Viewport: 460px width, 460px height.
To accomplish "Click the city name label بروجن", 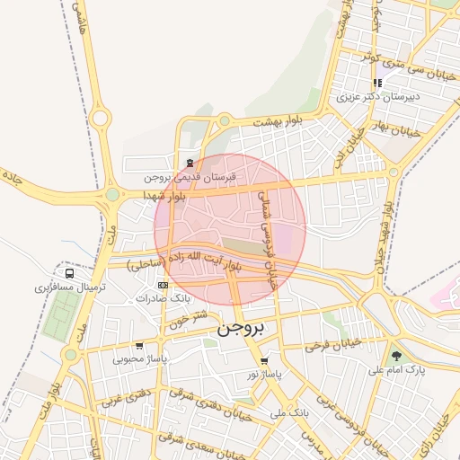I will click(x=242, y=330).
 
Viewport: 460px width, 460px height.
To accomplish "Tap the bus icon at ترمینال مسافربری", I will click(x=69, y=273).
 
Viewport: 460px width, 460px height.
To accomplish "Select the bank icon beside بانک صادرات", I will click(x=163, y=285).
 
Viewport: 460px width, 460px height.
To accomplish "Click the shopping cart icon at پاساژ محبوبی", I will click(x=138, y=346).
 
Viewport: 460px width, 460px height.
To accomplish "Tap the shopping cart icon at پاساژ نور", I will click(x=264, y=361).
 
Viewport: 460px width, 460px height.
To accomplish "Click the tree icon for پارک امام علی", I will click(x=396, y=357).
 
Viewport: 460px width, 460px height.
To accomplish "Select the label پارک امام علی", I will click(x=396, y=370).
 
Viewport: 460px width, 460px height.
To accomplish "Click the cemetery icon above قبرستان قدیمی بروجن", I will click(x=190, y=163).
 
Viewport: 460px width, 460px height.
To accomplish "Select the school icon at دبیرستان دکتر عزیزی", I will click(x=378, y=84).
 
